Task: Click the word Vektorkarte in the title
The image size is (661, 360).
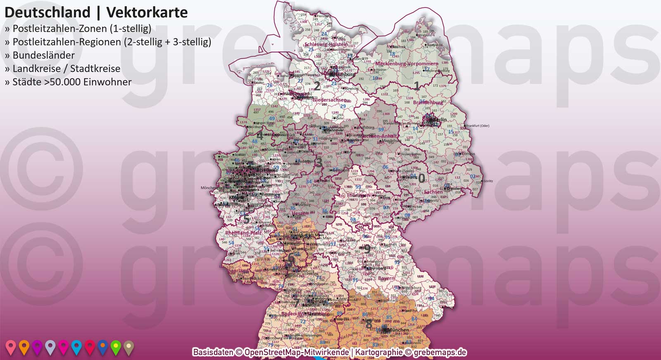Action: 147,12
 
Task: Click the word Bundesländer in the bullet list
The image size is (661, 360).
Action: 44,55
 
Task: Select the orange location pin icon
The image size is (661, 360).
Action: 24,347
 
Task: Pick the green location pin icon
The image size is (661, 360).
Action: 116,347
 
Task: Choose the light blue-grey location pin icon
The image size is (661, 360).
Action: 50,347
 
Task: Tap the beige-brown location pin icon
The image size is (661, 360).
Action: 129,347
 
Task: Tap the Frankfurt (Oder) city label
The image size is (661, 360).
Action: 477,126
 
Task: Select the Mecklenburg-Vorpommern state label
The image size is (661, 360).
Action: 407,64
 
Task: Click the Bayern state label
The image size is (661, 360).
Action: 386,279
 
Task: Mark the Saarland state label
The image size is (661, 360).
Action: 238,271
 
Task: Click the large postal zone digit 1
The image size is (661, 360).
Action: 417,86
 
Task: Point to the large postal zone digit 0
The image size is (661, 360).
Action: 421,178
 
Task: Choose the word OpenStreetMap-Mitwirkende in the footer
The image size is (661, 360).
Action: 296,352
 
